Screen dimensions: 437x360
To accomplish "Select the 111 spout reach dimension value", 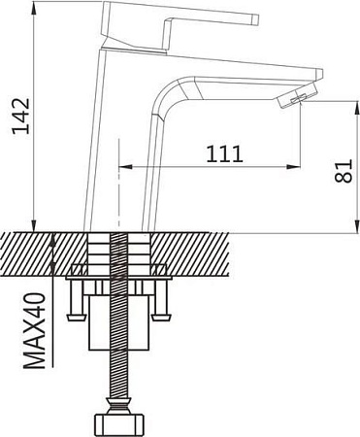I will point(224,152).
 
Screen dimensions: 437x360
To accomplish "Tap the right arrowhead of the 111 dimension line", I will point(297,166).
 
